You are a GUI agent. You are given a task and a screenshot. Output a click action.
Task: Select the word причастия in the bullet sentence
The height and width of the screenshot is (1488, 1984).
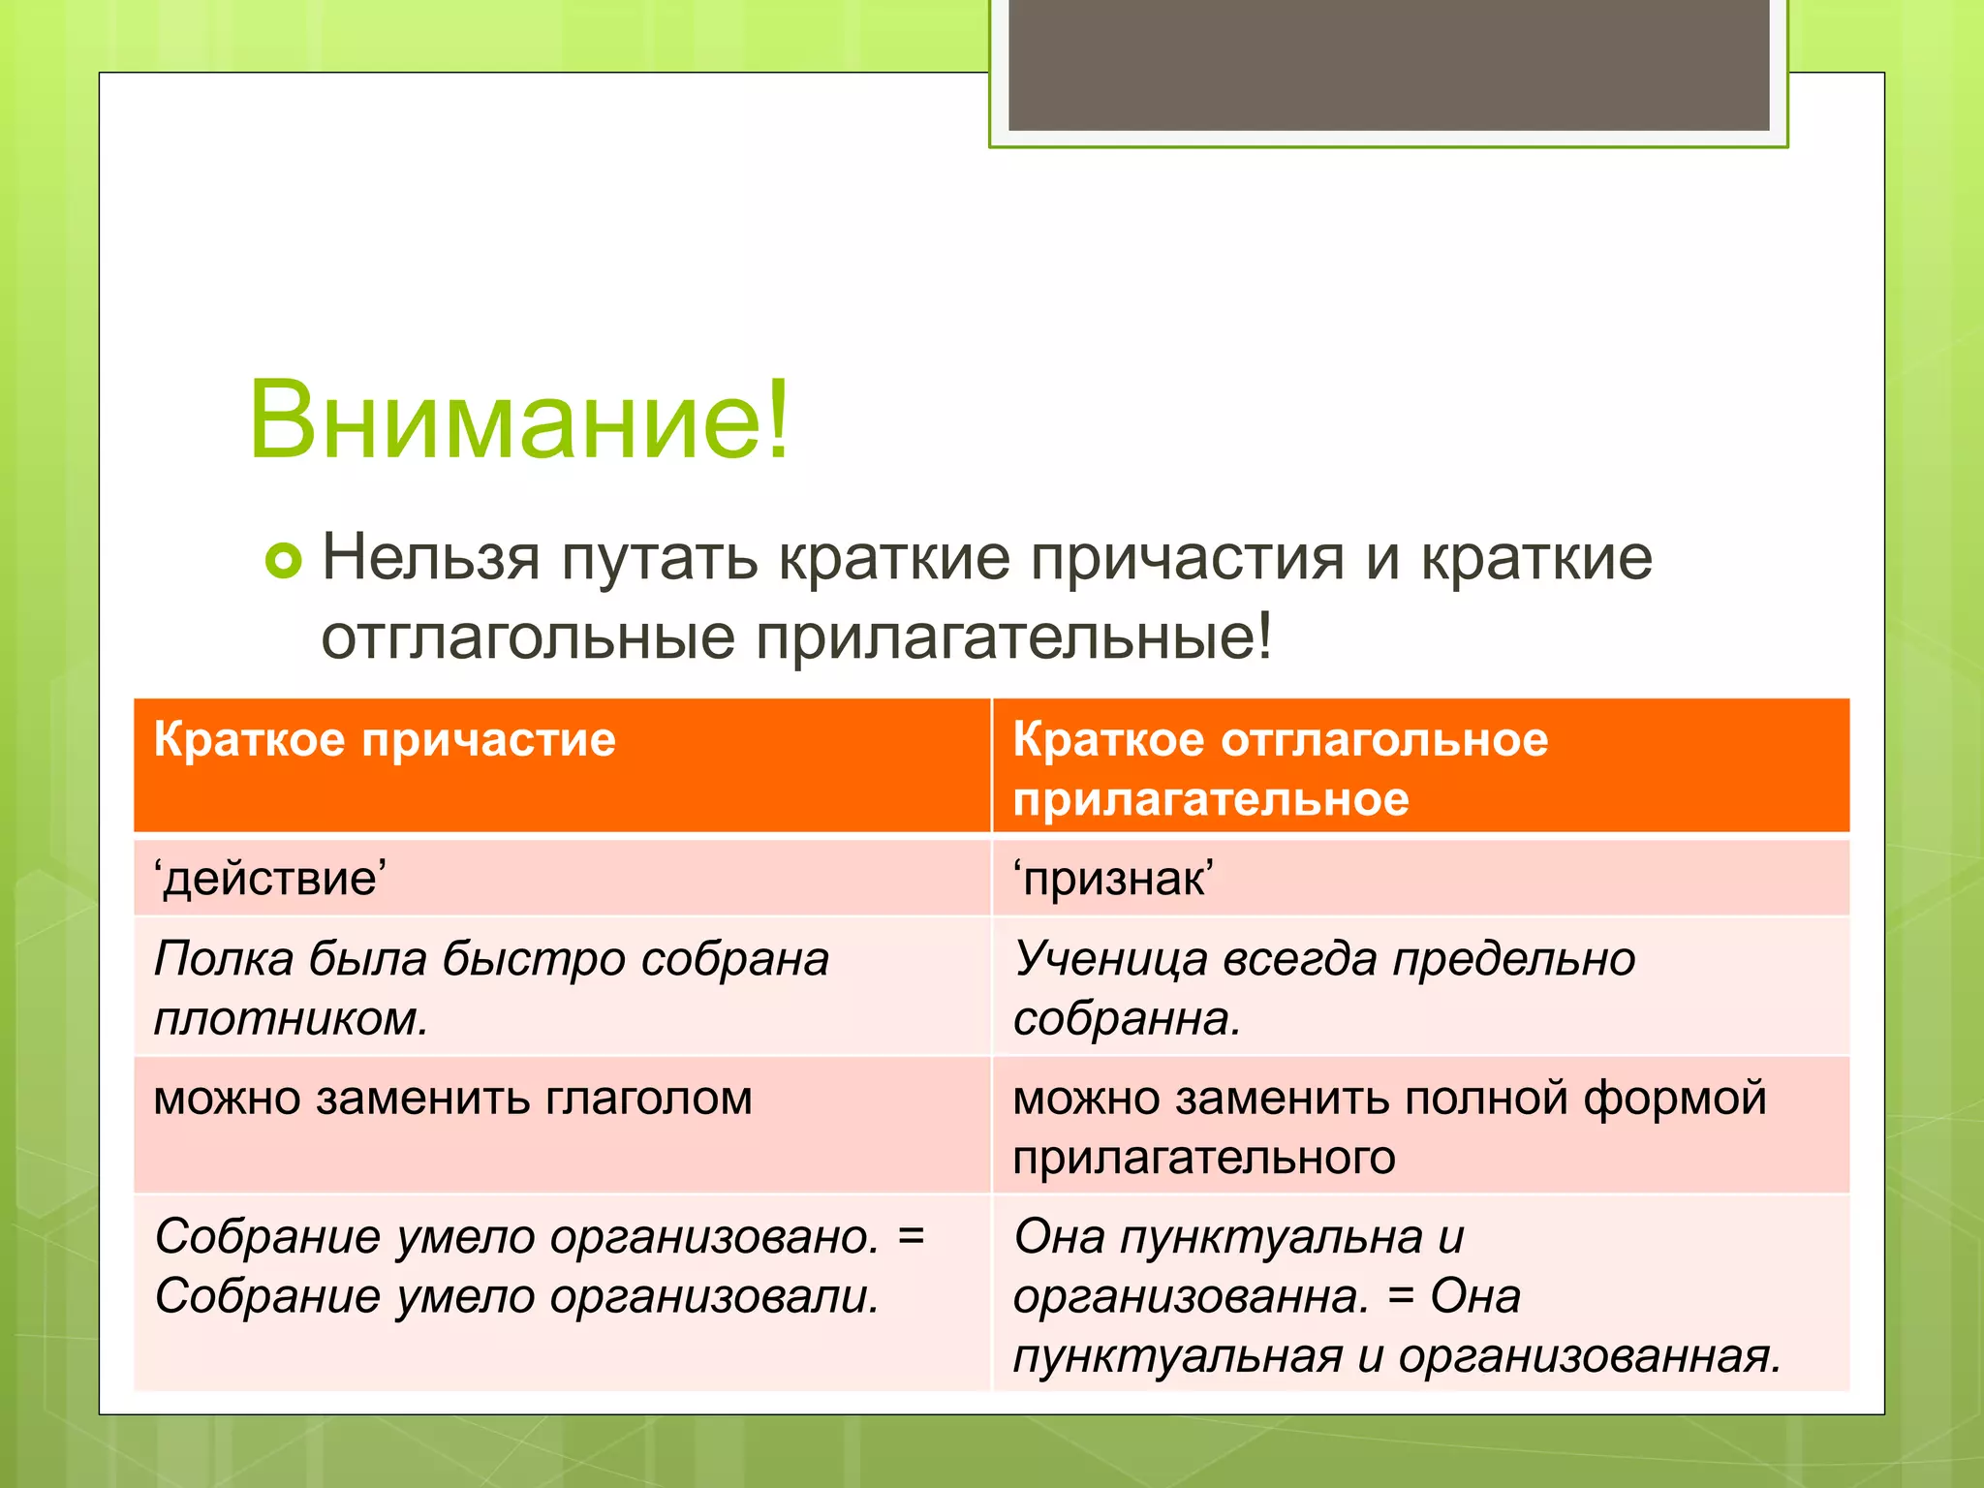point(1187,560)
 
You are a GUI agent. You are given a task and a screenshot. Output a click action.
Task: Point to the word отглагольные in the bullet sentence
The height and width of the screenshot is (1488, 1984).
point(528,637)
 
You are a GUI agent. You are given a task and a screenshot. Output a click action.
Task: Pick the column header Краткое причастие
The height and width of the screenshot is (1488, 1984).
point(385,740)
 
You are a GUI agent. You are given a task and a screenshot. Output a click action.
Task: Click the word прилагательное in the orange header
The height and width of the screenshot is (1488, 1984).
point(1210,800)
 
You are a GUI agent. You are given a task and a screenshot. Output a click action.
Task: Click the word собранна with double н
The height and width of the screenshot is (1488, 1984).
point(1124,1019)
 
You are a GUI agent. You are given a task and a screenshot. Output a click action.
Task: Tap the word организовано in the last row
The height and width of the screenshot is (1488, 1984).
point(713,1237)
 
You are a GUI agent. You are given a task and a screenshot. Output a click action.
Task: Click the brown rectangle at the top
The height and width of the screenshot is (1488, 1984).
point(1388,64)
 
